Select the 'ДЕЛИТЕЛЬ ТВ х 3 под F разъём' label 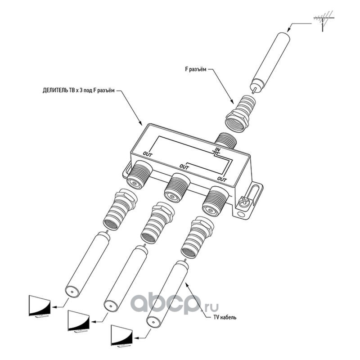pyautogui.click(x=79, y=90)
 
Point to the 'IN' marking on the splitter pyautogui.click(x=217, y=149)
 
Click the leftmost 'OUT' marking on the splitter pyautogui.click(x=148, y=154)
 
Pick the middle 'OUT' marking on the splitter pyautogui.click(x=183, y=167)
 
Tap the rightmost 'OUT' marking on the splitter pyautogui.click(x=221, y=180)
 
